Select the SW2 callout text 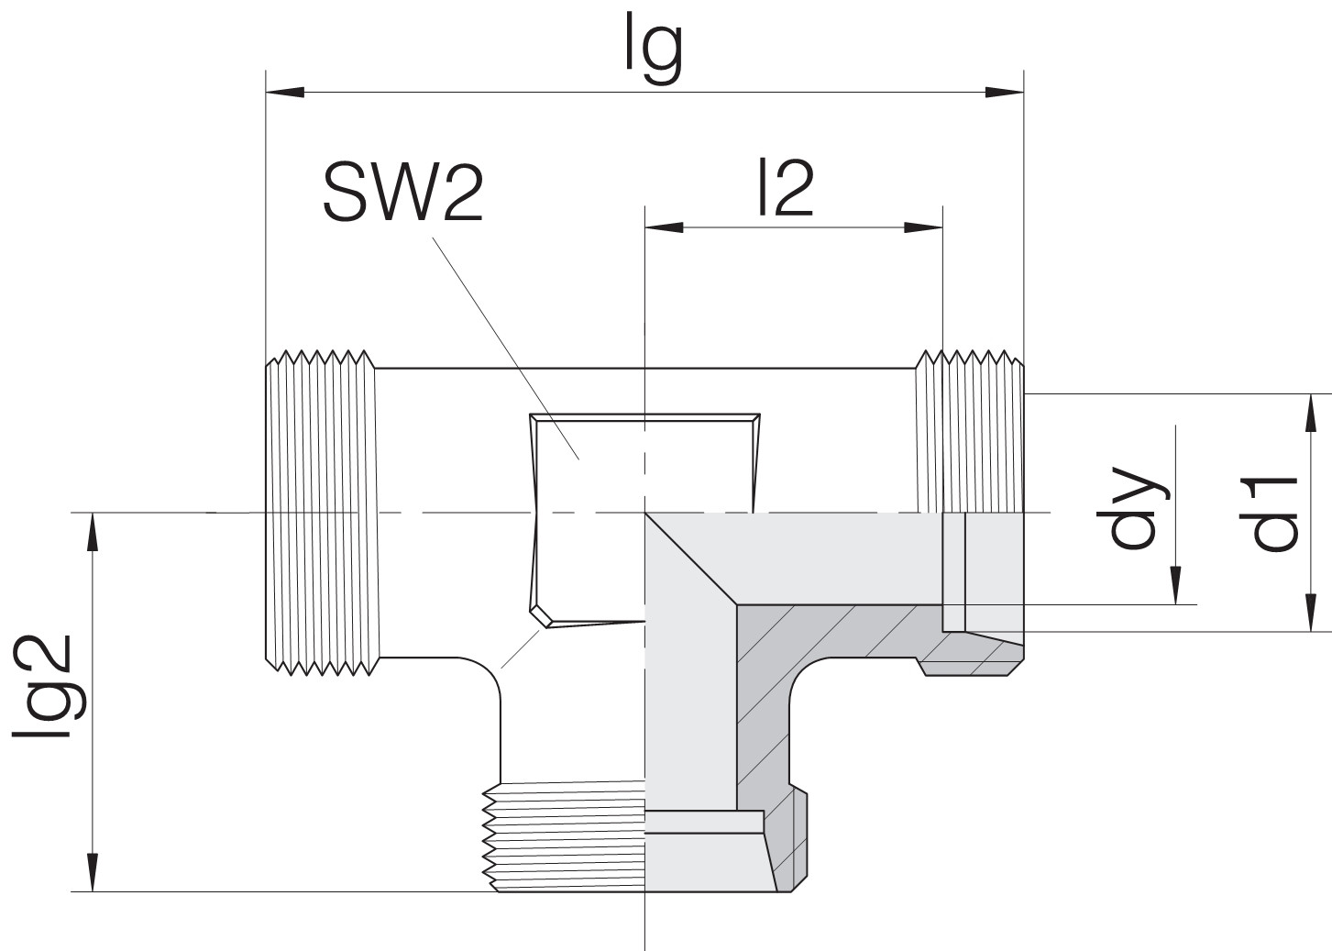click(403, 194)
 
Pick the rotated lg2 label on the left click(50, 686)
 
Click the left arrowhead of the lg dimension click(285, 93)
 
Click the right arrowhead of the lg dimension click(1005, 93)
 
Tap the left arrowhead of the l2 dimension click(665, 227)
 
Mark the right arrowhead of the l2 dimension click(923, 227)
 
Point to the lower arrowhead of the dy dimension click(1175, 586)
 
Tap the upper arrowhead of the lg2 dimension click(93, 531)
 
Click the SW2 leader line click(505, 348)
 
